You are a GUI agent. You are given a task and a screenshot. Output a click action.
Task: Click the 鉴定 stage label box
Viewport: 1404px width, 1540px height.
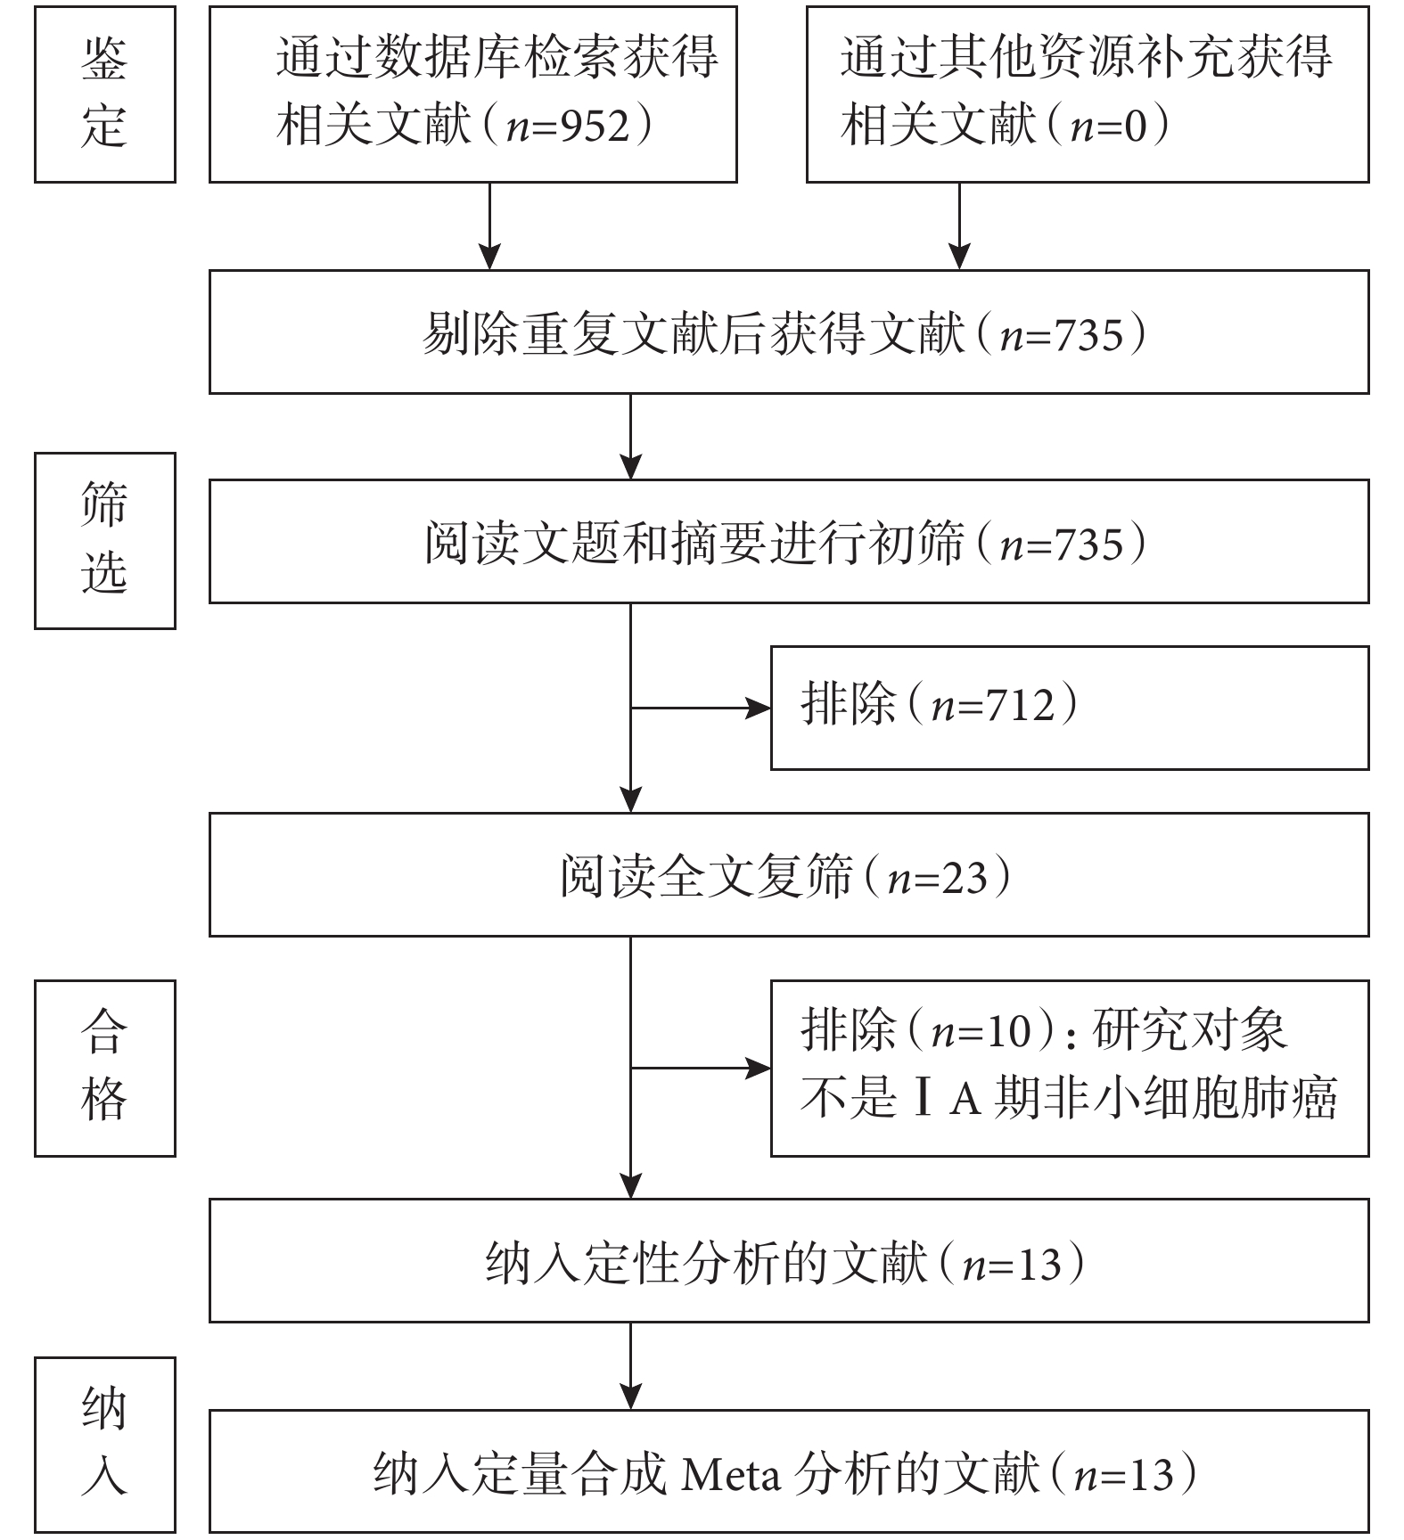point(105,94)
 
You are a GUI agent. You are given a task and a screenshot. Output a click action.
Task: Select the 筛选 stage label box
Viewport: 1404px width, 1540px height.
point(105,541)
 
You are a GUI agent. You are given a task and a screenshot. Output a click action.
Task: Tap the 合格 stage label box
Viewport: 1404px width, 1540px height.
point(105,1068)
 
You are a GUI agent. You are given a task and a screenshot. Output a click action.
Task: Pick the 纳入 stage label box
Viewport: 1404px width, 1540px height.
point(105,1445)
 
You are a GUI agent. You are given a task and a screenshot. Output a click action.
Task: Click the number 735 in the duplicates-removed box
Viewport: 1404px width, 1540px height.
point(1088,335)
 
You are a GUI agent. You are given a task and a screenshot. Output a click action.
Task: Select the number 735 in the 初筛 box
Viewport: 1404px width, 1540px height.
point(1088,545)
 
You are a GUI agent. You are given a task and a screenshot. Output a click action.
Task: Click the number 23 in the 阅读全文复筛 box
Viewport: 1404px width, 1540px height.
point(965,878)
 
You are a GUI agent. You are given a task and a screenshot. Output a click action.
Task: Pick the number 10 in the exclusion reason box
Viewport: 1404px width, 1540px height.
point(1006,1030)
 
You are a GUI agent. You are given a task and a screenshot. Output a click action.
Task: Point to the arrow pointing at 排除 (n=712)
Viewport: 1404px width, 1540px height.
point(701,709)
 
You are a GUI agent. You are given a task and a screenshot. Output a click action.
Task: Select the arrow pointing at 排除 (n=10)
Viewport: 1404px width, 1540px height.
point(701,1068)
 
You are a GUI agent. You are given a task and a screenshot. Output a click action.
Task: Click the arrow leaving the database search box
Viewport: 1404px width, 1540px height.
point(489,226)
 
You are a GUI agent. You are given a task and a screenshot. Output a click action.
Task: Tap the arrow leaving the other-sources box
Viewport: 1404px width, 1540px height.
point(959,226)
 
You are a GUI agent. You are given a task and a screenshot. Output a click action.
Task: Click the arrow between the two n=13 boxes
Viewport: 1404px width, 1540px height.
point(631,1365)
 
